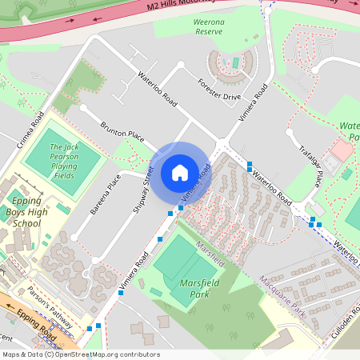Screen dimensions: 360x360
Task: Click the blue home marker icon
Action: pyautogui.click(x=180, y=173)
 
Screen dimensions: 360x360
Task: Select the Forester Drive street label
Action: pyautogui.click(x=221, y=90)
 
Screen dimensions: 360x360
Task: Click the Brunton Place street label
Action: pyautogui.click(x=121, y=134)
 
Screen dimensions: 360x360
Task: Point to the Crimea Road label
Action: pyautogui.click(x=30, y=130)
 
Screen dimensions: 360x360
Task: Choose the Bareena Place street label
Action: pyautogui.click(x=105, y=194)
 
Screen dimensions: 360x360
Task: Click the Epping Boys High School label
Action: pyautogui.click(x=26, y=212)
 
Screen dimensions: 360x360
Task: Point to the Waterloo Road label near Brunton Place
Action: pyautogui.click(x=157, y=89)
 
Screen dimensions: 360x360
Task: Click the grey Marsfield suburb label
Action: pyautogui.click(x=211, y=252)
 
